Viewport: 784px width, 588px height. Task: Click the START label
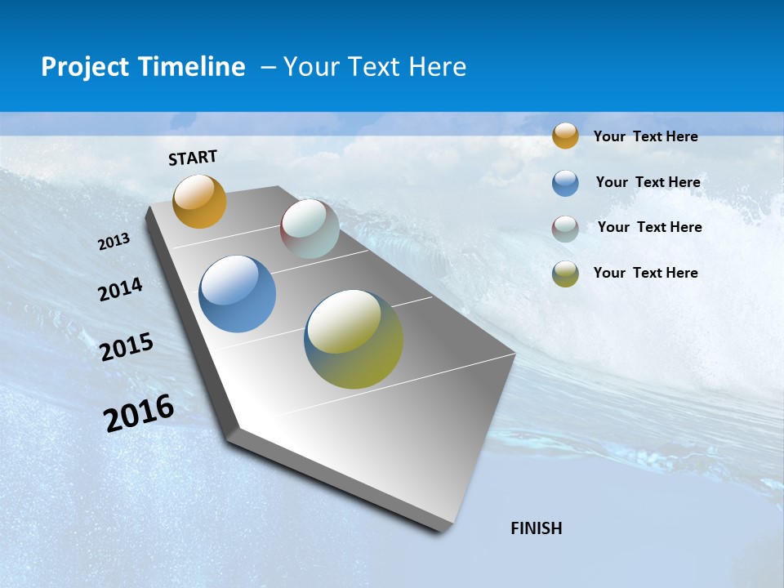[x=193, y=158]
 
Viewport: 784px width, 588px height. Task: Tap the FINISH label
[x=536, y=528]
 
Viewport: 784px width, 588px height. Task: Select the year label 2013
[x=114, y=242]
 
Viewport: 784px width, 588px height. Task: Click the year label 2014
[x=120, y=290]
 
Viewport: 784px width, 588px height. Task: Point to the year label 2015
[x=127, y=347]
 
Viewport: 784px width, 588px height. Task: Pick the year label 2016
[x=139, y=413]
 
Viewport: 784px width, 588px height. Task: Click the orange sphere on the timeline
[x=199, y=201]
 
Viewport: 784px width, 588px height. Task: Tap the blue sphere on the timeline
[x=237, y=294]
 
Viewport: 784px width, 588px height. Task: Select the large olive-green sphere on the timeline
[x=354, y=339]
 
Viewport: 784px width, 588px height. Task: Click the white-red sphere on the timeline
[x=310, y=228]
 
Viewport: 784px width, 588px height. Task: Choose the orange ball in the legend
[x=565, y=136]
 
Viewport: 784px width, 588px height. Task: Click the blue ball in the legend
[x=565, y=183]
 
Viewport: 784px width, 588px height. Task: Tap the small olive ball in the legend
[x=565, y=274]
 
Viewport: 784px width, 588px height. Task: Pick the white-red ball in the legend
[x=565, y=229]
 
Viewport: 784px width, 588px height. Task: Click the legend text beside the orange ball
[x=645, y=136]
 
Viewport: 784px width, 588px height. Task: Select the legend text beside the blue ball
[x=648, y=182]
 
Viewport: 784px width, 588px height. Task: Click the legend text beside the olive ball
[x=645, y=273]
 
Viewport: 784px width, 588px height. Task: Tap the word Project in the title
[x=84, y=67]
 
